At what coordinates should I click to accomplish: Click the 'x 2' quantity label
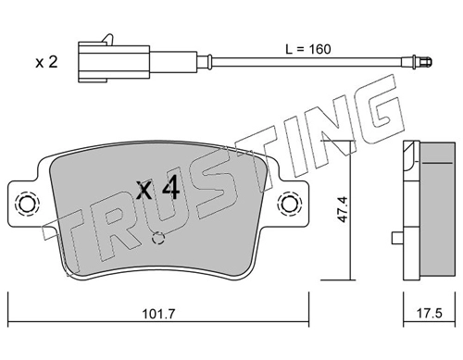point(46,62)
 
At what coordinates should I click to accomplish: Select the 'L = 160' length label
point(308,49)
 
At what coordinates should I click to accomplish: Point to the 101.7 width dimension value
point(158,315)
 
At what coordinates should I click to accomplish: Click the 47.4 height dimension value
point(343,209)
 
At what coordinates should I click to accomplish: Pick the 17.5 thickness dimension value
point(429,314)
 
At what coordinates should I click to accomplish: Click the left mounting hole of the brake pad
point(27,204)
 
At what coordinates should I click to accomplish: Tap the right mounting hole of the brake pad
point(289,204)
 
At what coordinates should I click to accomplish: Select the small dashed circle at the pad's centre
point(158,238)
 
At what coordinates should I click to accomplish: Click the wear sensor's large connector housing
point(114,64)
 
